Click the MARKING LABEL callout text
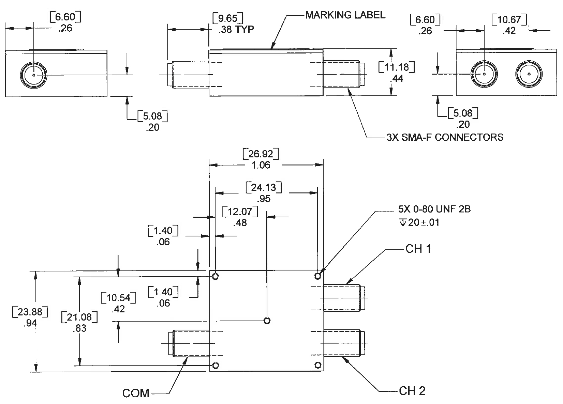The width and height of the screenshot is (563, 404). point(345,15)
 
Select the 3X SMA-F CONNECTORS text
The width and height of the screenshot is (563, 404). point(445,137)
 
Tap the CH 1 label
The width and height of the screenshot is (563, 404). point(418,249)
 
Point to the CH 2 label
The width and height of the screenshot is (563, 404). point(412,391)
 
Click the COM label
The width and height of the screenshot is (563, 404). point(136,393)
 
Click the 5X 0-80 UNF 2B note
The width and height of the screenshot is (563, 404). point(434,209)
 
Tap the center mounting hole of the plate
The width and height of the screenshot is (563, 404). point(267,321)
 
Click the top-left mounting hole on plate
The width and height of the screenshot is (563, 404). point(215,276)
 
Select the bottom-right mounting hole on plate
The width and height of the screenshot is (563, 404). point(318,366)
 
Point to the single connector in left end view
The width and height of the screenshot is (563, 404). point(34,75)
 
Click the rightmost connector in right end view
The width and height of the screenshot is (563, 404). point(529,74)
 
